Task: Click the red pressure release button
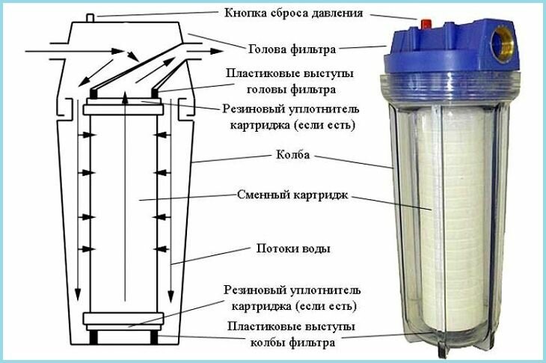click(x=426, y=25)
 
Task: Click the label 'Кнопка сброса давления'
click(x=293, y=13)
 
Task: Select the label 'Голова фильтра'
click(x=292, y=49)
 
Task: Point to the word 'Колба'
click(x=293, y=154)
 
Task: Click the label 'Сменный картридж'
click(x=292, y=195)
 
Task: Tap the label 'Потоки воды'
click(x=293, y=248)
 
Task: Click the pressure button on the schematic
click(x=91, y=18)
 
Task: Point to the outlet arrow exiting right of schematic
click(x=205, y=51)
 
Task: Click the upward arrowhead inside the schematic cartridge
click(x=125, y=99)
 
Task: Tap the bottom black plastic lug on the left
click(x=93, y=338)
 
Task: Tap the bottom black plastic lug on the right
click(x=154, y=338)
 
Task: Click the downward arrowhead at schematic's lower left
click(x=78, y=295)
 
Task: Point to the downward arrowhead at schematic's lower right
click(x=171, y=296)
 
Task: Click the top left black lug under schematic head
click(x=93, y=94)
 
